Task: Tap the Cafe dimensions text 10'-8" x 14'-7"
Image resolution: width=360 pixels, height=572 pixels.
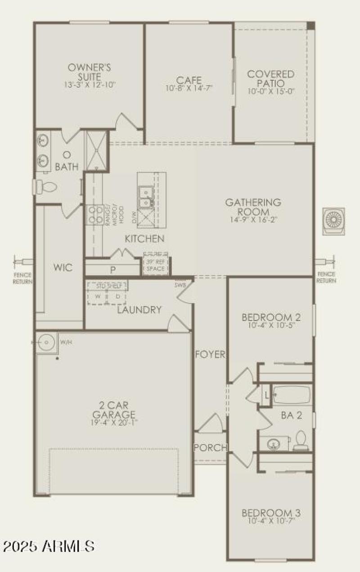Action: pos(189,89)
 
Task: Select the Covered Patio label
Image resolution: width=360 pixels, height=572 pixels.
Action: pos(271,78)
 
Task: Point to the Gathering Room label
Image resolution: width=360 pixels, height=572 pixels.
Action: pos(253,207)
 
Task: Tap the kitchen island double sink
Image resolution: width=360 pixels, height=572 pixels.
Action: pos(145,199)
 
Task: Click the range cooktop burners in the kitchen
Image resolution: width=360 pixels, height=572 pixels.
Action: pos(95,214)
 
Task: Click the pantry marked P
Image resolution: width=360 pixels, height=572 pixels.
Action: pos(112,269)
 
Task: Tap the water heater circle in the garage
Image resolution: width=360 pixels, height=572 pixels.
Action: pos(47,343)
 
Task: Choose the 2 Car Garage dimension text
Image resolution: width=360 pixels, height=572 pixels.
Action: pos(114,423)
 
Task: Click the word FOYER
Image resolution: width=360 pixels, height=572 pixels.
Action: pos(210,354)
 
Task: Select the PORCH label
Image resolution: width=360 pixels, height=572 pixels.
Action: pos(210,447)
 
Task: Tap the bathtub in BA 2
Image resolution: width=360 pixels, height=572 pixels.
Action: pos(291,395)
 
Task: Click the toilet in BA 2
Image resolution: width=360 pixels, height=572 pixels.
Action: pos(300,440)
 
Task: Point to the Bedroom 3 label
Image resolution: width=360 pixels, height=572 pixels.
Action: pos(271,513)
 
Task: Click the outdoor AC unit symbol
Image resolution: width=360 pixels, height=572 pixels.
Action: pos(333,221)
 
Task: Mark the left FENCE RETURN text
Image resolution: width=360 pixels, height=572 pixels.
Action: pos(22,278)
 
